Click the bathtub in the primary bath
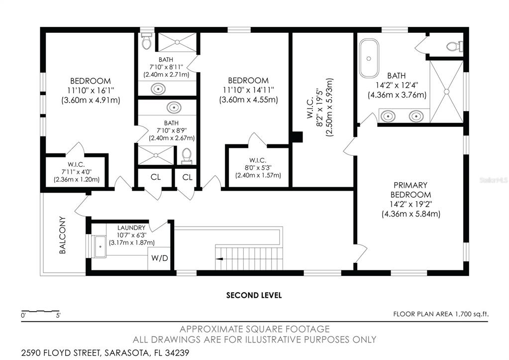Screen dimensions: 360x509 pos(369,59)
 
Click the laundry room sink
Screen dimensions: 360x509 pos(99,245)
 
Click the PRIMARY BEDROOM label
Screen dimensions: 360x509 pos(410,190)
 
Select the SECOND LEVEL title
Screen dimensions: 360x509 pos(254,295)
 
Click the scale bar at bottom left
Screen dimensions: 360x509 pos(40,311)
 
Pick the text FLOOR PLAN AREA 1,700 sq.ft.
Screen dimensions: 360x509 pos(441,314)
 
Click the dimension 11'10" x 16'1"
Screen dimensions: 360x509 pos(90,91)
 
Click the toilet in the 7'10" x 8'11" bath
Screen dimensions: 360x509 pos(146,42)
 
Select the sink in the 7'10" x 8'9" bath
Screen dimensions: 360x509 pos(174,108)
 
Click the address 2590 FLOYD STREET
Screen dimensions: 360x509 pos(60,353)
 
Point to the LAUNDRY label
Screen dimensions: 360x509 pos(131,228)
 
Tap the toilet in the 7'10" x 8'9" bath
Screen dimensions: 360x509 pos(187,156)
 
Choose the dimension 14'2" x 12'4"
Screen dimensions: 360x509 pos(397,86)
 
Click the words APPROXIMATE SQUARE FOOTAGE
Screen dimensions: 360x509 pos(254,329)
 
